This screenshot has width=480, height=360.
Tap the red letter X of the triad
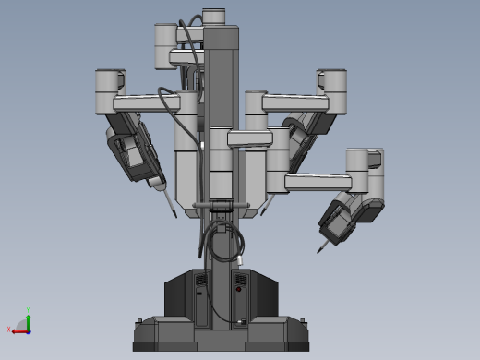tap(9, 330)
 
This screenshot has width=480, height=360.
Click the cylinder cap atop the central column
tap(213, 16)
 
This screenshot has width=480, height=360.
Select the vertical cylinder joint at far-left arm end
tap(110, 86)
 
